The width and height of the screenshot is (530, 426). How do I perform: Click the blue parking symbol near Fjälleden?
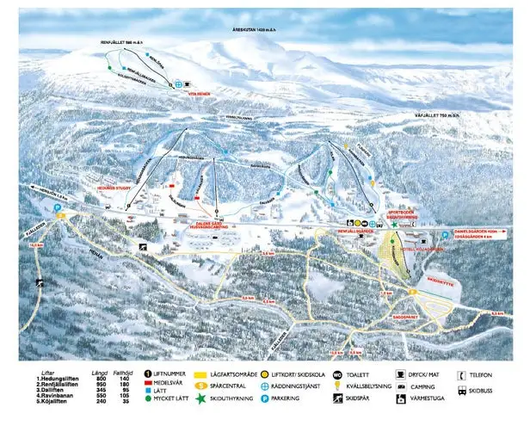click(x=58, y=207)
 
